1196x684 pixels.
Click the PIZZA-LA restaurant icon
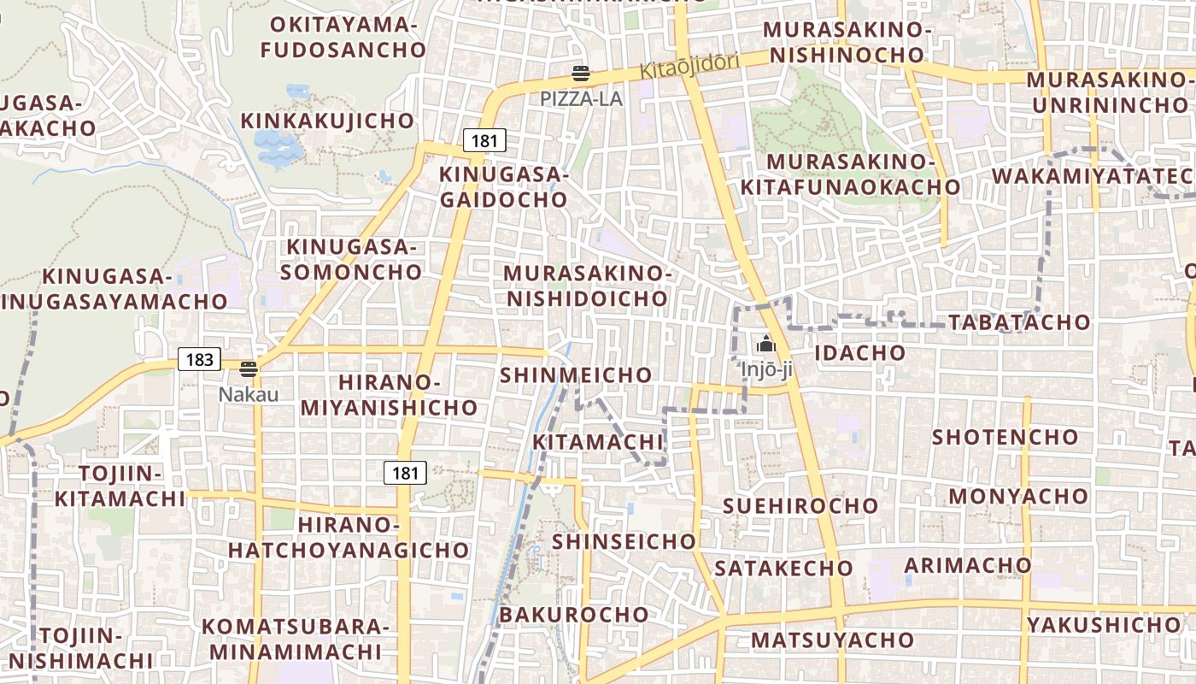[x=581, y=74]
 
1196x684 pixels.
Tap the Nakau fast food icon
[x=249, y=369]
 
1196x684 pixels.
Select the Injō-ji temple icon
[x=765, y=345]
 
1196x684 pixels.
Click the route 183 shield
[x=199, y=359]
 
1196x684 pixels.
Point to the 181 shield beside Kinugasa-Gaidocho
[x=484, y=140]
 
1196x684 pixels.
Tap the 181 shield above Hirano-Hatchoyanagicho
[x=405, y=472]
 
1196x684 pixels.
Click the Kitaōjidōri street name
[x=690, y=69]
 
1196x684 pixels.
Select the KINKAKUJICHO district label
[x=328, y=121]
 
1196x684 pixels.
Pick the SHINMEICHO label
[x=576, y=375]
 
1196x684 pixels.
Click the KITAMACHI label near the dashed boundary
[x=598, y=442]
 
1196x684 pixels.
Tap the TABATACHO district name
[x=1019, y=322]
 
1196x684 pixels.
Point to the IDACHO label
[x=859, y=353]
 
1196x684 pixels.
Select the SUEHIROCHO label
[x=800, y=505]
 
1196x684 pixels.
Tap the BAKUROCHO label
[x=574, y=615]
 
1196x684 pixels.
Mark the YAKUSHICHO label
[x=1104, y=625]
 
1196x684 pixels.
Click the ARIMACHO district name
[x=968, y=565]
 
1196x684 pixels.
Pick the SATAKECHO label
[x=783, y=568]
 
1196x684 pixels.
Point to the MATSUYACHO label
[x=832, y=640]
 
